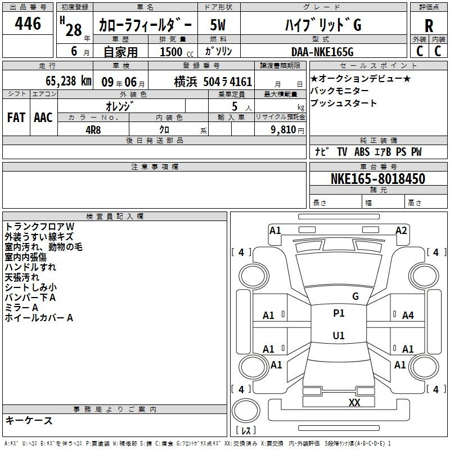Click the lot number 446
pos(28,24)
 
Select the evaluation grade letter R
pos(429,26)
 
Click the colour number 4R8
pos(93,129)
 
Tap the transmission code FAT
pos(16,117)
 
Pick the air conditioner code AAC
pos(43,117)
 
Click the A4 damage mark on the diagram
pos(408,316)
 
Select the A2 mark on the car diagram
pos(401,230)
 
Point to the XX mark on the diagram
pos(354,402)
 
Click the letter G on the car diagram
pos(355,296)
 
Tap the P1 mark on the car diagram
pos(339,313)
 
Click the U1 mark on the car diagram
pos(339,335)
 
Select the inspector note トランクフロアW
pos(39,226)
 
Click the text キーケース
pos(29,420)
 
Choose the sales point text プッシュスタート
pos(344,103)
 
